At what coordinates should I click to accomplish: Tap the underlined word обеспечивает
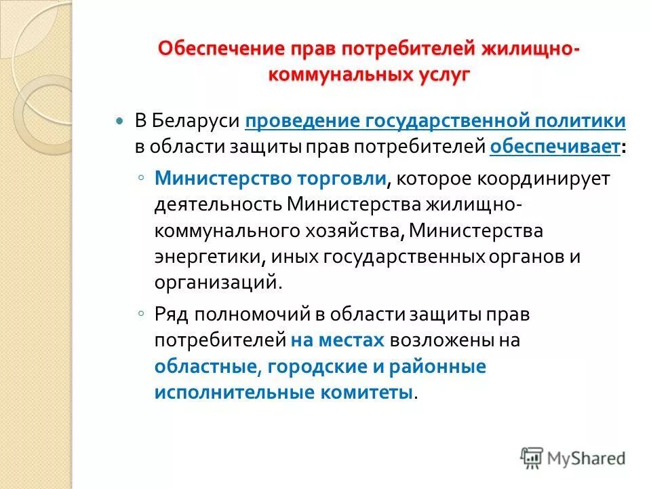click(554, 145)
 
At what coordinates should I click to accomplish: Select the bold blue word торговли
click(341, 179)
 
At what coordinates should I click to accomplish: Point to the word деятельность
click(217, 204)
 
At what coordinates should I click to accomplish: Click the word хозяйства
click(353, 230)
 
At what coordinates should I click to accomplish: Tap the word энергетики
click(203, 256)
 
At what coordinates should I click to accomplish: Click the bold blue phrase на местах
click(338, 340)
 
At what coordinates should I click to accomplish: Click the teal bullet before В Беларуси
click(121, 120)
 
